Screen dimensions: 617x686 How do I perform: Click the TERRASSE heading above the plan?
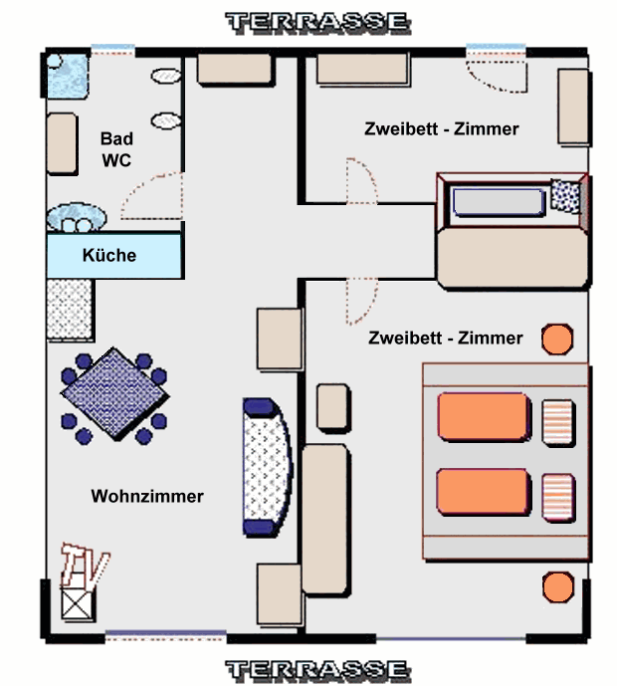317,23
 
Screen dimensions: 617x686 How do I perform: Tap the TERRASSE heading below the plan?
317,670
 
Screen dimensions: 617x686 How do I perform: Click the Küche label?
109,255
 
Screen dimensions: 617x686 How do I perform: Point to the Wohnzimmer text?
147,496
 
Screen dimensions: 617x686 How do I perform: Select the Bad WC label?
116,149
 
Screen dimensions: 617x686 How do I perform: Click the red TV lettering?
85,565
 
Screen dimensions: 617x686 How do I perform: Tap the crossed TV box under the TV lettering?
78,604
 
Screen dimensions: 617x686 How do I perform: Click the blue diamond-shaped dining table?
114,393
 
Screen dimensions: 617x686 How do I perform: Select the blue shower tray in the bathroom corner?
67,76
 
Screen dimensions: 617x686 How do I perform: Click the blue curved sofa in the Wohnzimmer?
267,467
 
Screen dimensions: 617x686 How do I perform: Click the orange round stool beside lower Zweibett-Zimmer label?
557,340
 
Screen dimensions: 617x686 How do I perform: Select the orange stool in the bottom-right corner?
558,587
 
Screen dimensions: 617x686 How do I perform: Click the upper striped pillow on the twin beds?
558,422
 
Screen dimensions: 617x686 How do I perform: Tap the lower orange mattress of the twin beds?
484,491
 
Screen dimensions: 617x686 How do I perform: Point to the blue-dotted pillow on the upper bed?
566,196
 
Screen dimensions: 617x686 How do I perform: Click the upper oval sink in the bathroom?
166,76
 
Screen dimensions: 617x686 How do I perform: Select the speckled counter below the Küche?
70,310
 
